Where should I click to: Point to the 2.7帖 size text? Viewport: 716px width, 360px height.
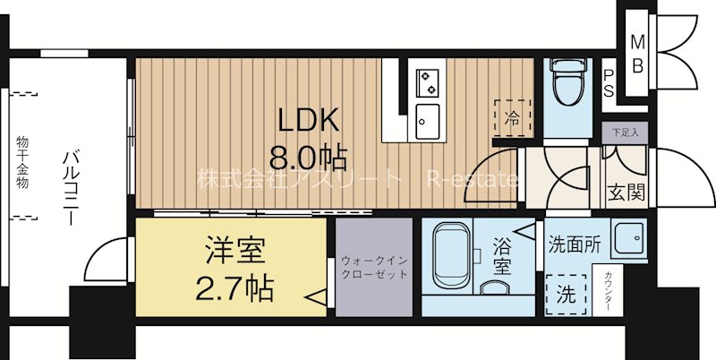click(x=234, y=288)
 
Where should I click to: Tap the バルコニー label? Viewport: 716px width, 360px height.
click(x=71, y=189)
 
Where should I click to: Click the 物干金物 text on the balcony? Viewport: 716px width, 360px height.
click(x=21, y=162)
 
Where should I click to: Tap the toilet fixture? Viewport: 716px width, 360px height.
click(x=566, y=85)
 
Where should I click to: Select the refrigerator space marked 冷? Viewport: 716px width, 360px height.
click(x=512, y=116)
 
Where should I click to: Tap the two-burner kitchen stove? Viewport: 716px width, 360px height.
click(x=428, y=81)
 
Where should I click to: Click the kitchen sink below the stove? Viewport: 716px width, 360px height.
click(x=428, y=117)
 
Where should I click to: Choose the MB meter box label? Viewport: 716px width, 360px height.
click(x=638, y=54)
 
